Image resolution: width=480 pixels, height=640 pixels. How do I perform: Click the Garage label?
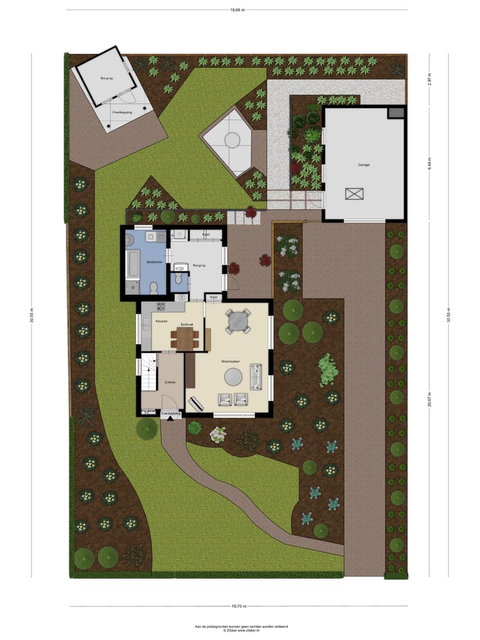tap(363, 165)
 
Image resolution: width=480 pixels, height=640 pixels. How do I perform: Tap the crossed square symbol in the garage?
tap(355, 194)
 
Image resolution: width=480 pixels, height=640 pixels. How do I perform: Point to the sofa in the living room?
tap(255, 377)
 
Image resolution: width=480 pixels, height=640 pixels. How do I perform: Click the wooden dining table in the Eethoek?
tap(184, 338)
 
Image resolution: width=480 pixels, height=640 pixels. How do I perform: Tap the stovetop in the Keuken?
tap(161, 306)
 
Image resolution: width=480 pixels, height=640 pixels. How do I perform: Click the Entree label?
tap(169, 382)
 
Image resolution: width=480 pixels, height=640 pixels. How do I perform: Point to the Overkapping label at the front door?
tap(171, 414)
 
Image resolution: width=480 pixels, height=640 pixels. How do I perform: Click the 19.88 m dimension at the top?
tap(237, 9)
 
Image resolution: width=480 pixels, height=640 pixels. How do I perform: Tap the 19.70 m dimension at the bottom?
tap(239, 606)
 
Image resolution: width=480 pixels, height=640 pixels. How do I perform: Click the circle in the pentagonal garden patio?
tap(231, 140)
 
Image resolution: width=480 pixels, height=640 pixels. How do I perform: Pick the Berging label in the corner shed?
tap(107, 79)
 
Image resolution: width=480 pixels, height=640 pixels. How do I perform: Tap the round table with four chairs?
tap(238, 321)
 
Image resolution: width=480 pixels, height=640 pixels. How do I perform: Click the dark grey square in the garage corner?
tap(396, 113)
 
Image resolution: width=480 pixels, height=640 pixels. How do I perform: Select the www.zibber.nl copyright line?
tap(241, 630)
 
